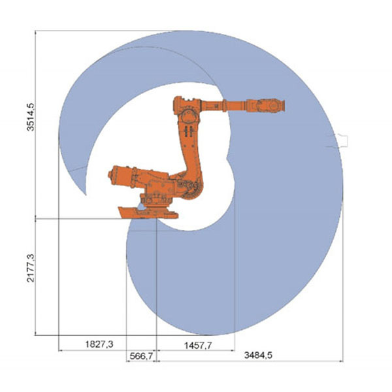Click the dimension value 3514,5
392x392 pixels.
[x=31, y=117]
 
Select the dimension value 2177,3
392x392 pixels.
[x=31, y=269]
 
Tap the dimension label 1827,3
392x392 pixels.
[x=99, y=344]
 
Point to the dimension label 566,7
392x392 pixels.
[x=141, y=356]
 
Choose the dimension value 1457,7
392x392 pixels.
[x=198, y=346]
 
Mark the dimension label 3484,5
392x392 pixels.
[x=258, y=355]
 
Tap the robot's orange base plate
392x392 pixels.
[x=148, y=213]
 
